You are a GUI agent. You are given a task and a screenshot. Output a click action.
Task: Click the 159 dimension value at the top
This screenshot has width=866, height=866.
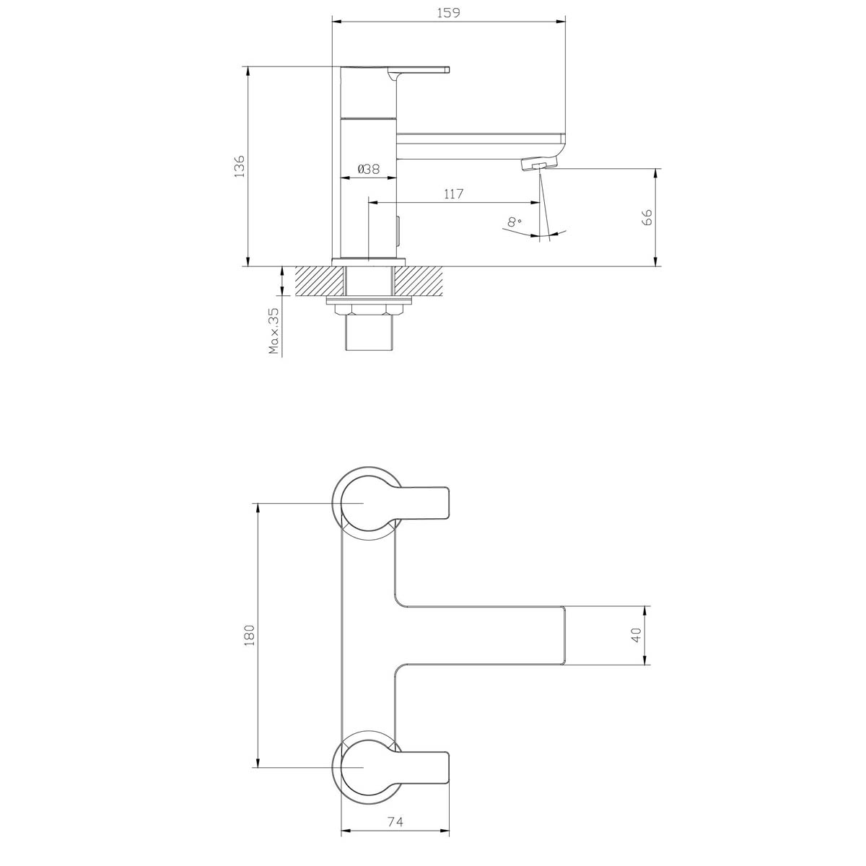tap(447, 12)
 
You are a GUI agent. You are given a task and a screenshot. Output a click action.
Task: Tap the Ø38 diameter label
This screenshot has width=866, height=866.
tap(368, 169)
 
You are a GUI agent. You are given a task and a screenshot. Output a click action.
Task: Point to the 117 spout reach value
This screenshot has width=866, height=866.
tap(453, 193)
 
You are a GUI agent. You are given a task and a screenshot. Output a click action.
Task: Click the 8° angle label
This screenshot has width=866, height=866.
tap(515, 222)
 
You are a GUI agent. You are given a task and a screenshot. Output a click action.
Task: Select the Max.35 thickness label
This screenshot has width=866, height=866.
tap(274, 332)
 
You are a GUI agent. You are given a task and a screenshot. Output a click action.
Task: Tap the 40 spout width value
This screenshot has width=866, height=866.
tap(636, 635)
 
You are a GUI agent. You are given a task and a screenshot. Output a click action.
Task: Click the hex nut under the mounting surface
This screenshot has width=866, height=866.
tap(369, 310)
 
